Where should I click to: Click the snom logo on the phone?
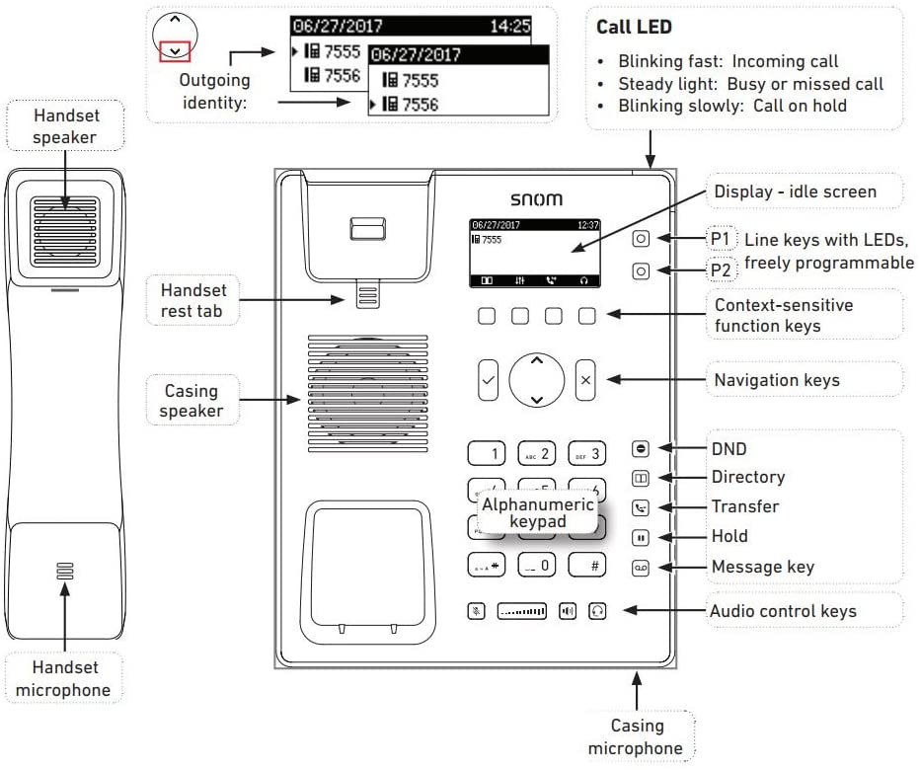[x=535, y=199]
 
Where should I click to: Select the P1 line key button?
[x=642, y=239]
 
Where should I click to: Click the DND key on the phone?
[x=642, y=449]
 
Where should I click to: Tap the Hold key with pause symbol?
[x=642, y=538]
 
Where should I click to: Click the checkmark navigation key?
[x=488, y=379]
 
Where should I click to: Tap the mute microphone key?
[x=477, y=611]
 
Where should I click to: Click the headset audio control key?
[x=597, y=611]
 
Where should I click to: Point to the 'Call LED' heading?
[x=634, y=28]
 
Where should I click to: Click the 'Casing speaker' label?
[x=192, y=400]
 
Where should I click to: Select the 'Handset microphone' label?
[x=63, y=680]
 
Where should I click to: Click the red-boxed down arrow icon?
[x=176, y=50]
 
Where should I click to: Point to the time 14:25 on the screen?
[x=509, y=27]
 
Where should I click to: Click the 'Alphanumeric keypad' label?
[x=524, y=512]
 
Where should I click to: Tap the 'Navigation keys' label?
[x=778, y=379]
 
